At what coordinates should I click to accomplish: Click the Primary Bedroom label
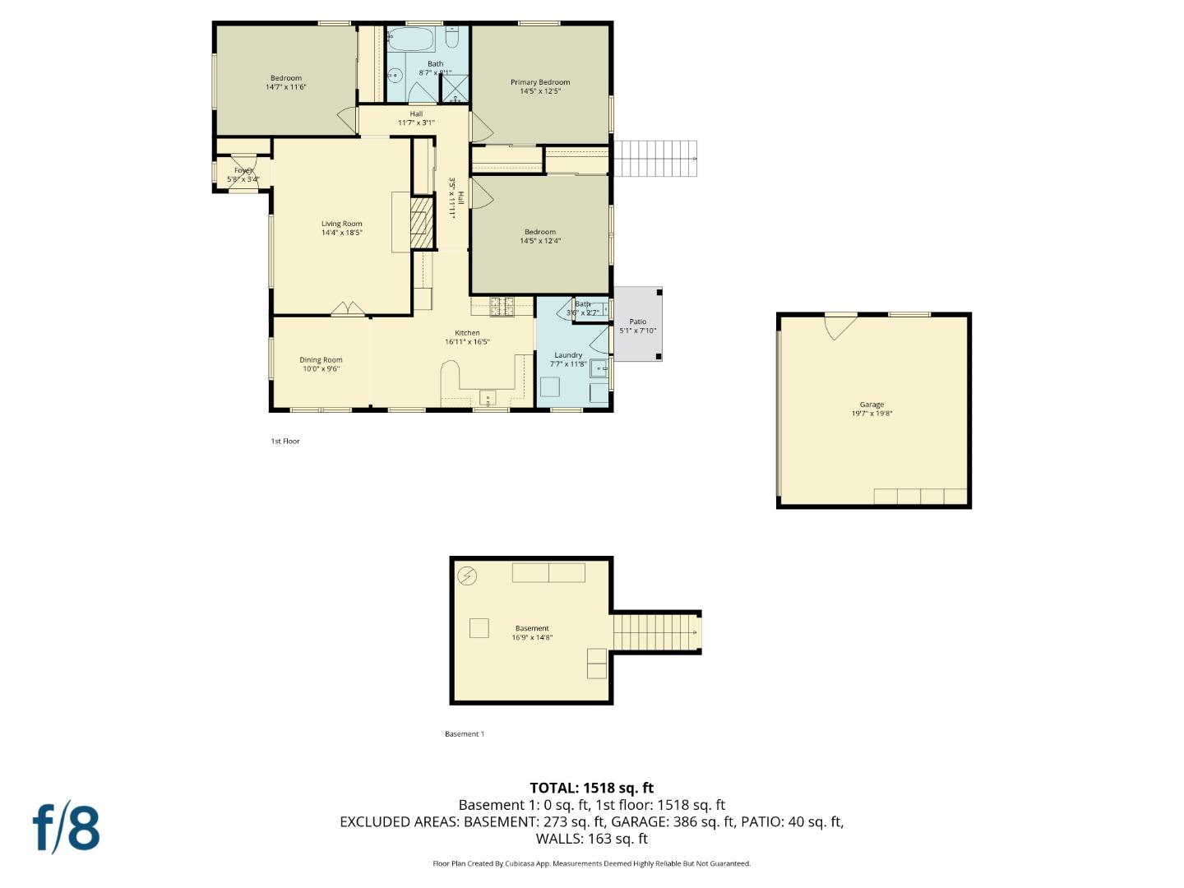(539, 82)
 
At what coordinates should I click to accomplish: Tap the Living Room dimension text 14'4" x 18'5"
(342, 233)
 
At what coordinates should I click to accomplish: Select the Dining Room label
(321, 359)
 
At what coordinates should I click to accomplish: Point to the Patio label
(638, 321)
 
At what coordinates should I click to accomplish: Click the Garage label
(872, 405)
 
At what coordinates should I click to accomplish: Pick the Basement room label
(532, 628)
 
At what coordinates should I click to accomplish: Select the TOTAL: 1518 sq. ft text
(591, 788)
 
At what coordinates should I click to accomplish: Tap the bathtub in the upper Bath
(410, 39)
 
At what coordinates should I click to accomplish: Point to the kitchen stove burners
(502, 307)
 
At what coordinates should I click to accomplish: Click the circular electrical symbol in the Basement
(467, 576)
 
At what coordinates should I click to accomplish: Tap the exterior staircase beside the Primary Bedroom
(654, 158)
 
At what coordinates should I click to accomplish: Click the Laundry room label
(568, 355)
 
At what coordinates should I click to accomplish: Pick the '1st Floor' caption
(285, 442)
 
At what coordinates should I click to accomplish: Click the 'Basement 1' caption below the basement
(465, 734)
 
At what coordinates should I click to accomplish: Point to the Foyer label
(243, 170)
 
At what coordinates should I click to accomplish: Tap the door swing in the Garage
(840, 326)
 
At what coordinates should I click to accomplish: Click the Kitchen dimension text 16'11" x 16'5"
(467, 342)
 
